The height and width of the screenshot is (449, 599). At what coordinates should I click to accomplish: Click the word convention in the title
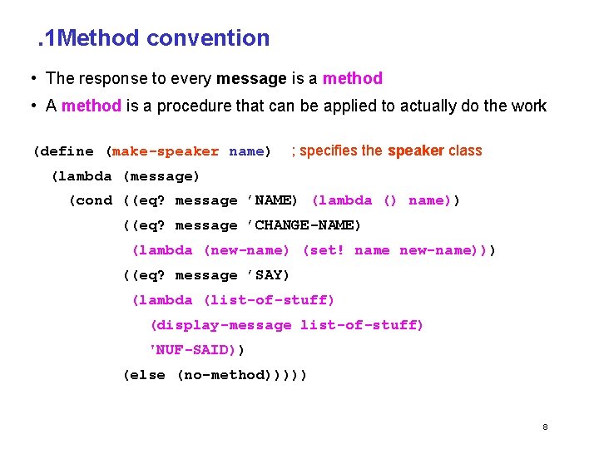pos(208,38)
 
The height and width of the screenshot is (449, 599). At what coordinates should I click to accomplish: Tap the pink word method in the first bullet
pos(353,79)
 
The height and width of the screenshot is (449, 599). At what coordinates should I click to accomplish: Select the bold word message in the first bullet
pos(251,79)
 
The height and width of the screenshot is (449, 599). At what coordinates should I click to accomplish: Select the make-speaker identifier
pos(166,151)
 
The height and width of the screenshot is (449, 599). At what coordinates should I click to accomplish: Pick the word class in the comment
pos(465,150)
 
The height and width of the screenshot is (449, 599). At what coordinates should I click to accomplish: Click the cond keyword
pos(93,200)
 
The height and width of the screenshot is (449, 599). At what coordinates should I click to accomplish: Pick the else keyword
pos(147,375)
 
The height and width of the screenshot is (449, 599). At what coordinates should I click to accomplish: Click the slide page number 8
pos(545,427)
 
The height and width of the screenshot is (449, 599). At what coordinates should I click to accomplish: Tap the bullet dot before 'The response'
pos(31,79)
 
